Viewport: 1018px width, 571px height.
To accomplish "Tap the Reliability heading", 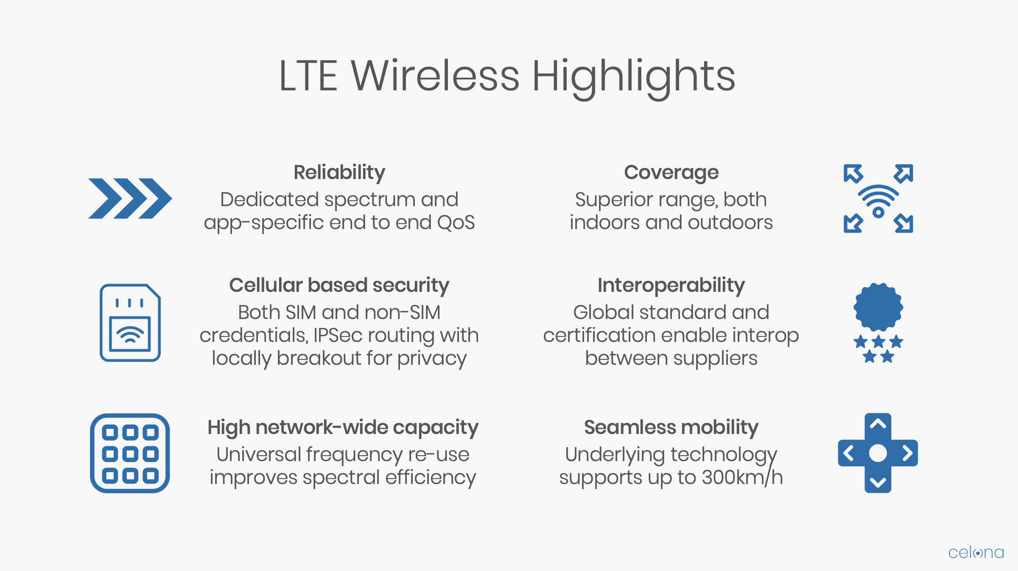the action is point(339,173).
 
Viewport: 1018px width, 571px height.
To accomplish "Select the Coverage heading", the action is point(671,173).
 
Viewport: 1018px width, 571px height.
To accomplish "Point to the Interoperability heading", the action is point(671,285).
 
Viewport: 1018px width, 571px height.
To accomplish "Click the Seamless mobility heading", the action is point(671,428).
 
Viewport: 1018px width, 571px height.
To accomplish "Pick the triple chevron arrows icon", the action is point(130,199).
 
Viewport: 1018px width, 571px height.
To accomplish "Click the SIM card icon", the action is point(130,323).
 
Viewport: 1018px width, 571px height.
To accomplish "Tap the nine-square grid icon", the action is point(130,453).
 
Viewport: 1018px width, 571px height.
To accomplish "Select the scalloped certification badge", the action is point(878,307).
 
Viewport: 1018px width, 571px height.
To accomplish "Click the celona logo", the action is point(976,553).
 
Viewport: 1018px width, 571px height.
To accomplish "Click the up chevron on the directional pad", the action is point(878,424).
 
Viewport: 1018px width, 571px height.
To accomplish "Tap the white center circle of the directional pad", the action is point(878,453).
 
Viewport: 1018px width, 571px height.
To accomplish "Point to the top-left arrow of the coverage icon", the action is point(853,174).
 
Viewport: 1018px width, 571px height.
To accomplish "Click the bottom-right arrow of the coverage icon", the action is point(904,224).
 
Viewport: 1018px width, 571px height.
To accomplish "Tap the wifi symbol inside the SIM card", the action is point(130,334).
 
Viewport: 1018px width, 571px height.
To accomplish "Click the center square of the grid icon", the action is point(130,454).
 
